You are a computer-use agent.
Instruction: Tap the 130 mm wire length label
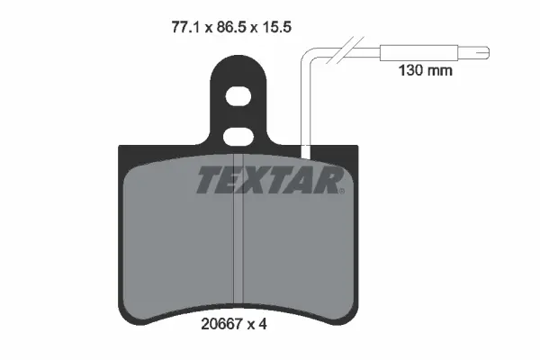pyautogui.click(x=426, y=68)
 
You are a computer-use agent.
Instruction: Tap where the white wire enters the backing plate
pyautogui.click(x=308, y=145)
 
